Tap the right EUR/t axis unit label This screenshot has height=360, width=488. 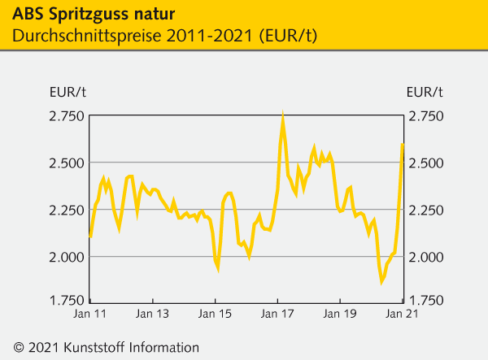[424, 90]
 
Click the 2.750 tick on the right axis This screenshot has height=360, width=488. [425, 117]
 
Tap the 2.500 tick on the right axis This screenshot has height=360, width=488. [425, 163]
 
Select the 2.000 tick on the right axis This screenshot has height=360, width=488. [425, 257]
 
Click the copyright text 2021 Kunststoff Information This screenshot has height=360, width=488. [106, 346]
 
